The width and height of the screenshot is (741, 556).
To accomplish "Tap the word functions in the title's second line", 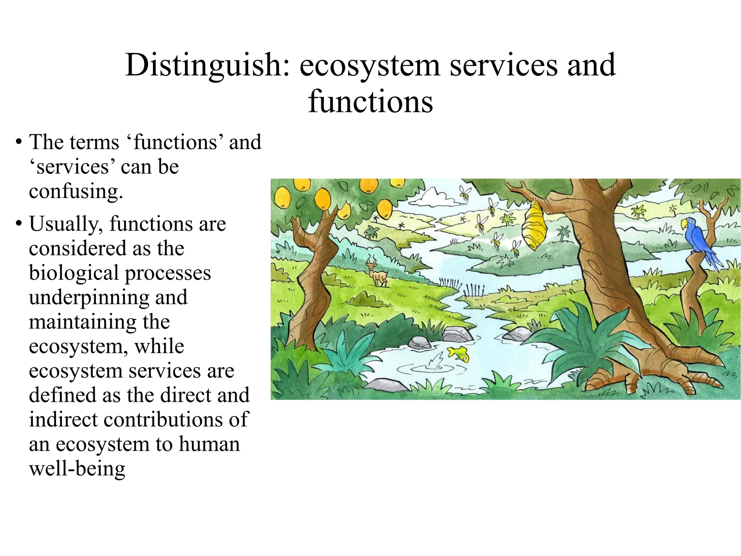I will click(x=370, y=102).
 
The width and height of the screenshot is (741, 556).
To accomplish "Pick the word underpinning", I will click(x=89, y=298).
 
